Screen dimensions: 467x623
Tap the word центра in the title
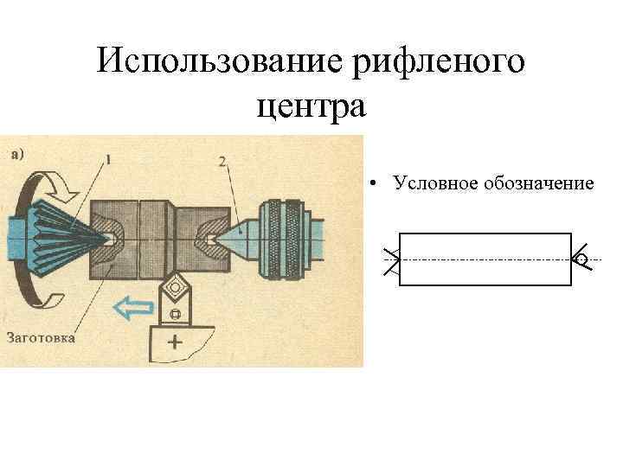(312, 107)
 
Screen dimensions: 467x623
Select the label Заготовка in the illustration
(41, 337)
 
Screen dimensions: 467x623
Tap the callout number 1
(108, 158)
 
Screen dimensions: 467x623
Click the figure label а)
(19, 154)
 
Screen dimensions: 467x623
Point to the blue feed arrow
(132, 305)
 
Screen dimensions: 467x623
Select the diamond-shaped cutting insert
(177, 285)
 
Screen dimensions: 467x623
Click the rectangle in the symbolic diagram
(485, 259)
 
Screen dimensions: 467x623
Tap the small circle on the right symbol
(581, 259)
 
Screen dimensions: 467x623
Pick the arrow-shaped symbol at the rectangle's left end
(392, 259)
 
